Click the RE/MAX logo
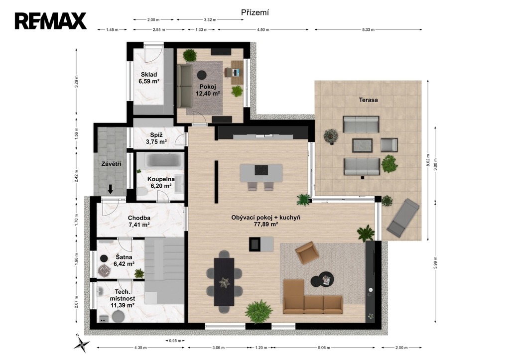click(50, 21)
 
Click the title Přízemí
click(255, 12)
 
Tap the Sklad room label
click(149, 75)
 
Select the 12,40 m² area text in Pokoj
click(208, 93)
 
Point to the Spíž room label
click(156, 135)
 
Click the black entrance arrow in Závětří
click(111, 189)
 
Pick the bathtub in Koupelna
click(163, 160)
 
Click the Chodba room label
click(139, 218)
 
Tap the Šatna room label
click(124, 257)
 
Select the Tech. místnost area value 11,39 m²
click(123, 305)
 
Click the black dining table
click(224, 282)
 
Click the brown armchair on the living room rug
click(307, 252)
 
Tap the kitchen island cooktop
click(261, 170)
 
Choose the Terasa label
click(368, 100)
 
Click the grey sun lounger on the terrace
click(402, 217)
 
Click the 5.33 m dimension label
click(368, 29)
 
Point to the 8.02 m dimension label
click(428, 160)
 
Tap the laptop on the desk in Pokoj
click(237, 72)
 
